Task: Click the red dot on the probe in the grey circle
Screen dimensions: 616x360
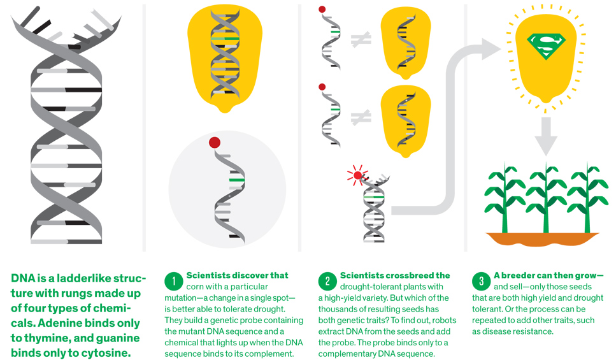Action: tap(214, 141)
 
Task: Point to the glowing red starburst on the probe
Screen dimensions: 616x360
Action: tap(357, 174)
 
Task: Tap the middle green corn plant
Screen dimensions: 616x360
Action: tap(545, 198)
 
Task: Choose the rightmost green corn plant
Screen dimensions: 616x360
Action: tap(587, 198)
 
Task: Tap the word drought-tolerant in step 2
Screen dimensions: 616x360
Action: tap(362, 287)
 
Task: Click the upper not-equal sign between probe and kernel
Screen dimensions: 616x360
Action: tap(361, 40)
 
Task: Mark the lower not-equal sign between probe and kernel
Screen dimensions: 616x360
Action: tap(361, 117)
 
